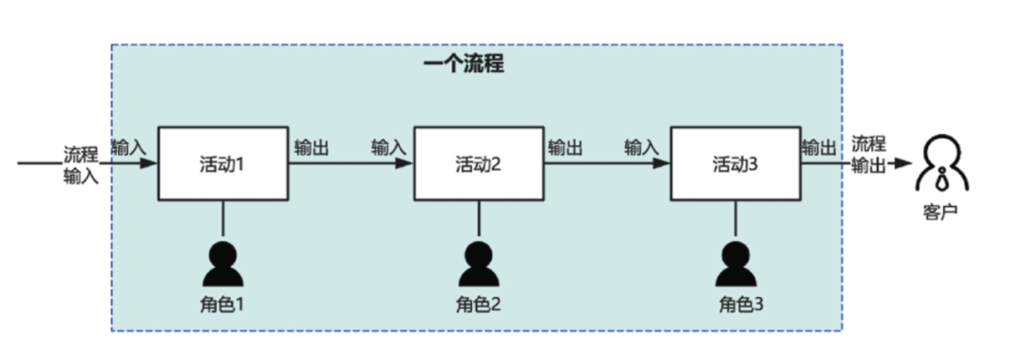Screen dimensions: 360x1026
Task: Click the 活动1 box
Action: pyautogui.click(x=223, y=163)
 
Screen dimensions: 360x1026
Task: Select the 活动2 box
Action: pyautogui.click(x=479, y=163)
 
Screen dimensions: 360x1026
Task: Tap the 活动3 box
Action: pyautogui.click(x=735, y=163)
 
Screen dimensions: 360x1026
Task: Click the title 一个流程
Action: pyautogui.click(x=463, y=65)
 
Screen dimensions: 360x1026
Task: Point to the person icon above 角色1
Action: pyautogui.click(x=223, y=263)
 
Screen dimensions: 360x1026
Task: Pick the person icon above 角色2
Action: pyautogui.click(x=479, y=263)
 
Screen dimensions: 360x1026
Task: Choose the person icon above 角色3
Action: pyautogui.click(x=736, y=263)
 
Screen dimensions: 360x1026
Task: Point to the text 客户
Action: pyautogui.click(x=940, y=209)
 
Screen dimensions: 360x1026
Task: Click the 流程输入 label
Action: pyautogui.click(x=81, y=163)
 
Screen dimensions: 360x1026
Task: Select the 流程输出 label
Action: pyautogui.click(x=869, y=154)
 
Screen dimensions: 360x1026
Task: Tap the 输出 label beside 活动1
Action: pyautogui.click(x=313, y=147)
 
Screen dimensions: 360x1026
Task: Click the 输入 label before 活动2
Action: pyautogui.click(x=389, y=147)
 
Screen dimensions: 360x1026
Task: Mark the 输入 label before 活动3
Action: pyautogui.click(x=642, y=147)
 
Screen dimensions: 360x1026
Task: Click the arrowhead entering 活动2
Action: pyautogui.click(x=407, y=163)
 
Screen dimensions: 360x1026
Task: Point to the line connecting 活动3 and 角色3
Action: pyautogui.click(x=736, y=218)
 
